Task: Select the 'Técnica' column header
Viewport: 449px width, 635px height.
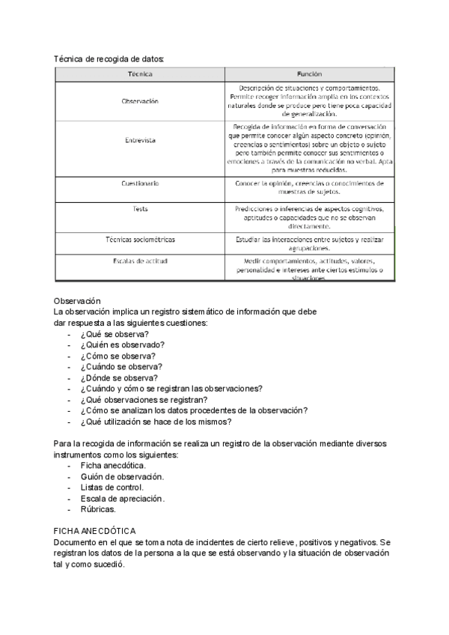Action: (140, 75)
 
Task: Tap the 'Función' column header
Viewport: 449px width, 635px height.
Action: (309, 75)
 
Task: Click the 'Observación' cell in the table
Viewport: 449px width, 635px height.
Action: (140, 101)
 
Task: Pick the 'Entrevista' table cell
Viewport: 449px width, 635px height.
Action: (140, 140)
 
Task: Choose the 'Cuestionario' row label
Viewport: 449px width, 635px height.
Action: (140, 183)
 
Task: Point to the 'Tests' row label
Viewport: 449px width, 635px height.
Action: (140, 209)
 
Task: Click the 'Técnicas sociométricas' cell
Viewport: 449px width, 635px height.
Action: (140, 239)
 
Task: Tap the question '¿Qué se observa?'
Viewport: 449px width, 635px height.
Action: (114, 334)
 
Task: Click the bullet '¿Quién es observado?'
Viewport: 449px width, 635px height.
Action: (122, 345)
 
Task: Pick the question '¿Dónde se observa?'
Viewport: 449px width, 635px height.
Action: (119, 378)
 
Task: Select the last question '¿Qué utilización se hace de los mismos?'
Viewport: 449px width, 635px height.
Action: (160, 422)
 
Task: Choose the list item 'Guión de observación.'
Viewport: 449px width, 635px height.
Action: (122, 477)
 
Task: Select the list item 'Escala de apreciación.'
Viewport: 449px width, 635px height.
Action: (123, 499)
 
